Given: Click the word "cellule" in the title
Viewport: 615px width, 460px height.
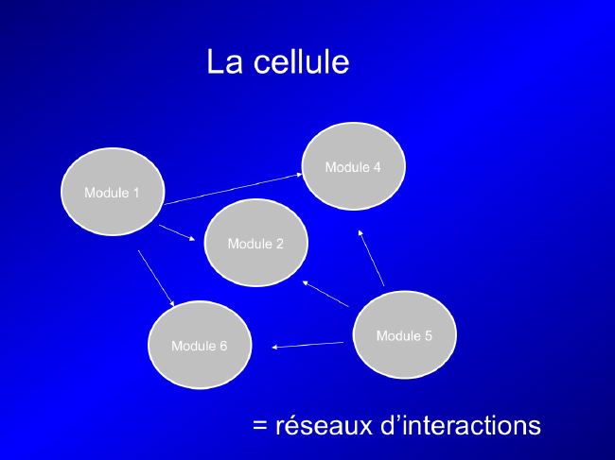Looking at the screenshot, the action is pos(301,61).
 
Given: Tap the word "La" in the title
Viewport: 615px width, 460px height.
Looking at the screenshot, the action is pos(224,61).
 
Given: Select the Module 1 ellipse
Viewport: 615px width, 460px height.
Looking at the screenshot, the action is pos(113,192).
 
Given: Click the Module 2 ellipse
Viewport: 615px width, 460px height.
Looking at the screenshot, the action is pos(255,243).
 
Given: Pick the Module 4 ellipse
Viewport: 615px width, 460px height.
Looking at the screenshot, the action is pos(354,166).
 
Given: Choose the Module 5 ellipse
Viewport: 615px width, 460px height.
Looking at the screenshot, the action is pos(404,334).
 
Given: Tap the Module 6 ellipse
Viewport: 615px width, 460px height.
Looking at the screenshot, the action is pos(200,345).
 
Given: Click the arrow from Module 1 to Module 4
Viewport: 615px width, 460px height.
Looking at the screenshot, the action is pos(233,189).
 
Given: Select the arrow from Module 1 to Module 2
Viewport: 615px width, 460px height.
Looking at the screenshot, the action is pos(177,232).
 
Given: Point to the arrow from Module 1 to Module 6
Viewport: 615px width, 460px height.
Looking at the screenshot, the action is pos(156,278).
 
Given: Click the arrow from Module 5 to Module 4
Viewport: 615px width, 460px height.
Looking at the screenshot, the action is pos(371,258).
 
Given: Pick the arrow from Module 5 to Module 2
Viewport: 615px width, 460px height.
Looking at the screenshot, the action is pos(325,294).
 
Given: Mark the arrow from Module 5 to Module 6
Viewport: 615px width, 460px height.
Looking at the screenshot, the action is pos(307,345).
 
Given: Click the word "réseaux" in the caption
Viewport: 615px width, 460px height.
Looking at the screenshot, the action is pos(324,425).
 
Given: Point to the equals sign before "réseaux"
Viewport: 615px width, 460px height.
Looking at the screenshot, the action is pos(259,426).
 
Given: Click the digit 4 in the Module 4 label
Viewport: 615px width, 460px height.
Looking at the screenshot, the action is pos(377,167).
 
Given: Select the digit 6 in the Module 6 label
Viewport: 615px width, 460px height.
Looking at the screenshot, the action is pos(222,346).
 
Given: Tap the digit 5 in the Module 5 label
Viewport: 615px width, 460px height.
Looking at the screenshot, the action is pos(428,336).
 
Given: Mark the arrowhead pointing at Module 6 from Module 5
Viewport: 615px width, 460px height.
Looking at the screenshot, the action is pos(274,347).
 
